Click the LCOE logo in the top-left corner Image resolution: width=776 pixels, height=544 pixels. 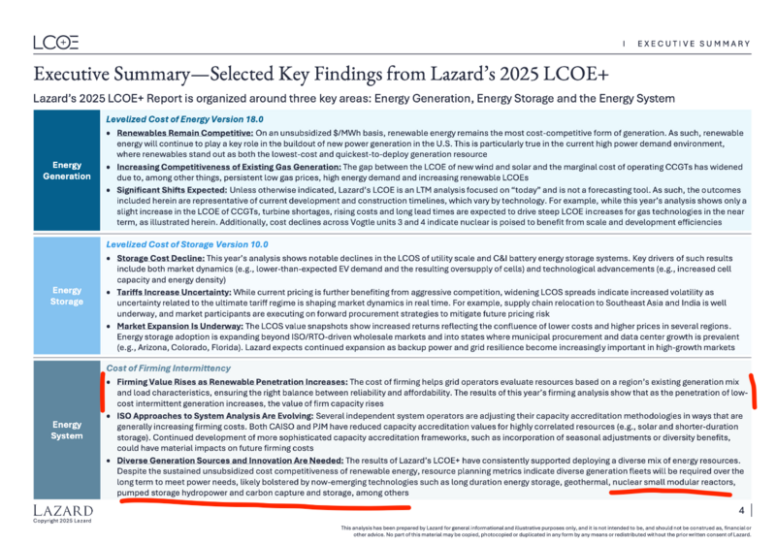pyautogui.click(x=55, y=42)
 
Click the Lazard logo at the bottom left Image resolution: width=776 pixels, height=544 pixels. pyautogui.click(x=63, y=509)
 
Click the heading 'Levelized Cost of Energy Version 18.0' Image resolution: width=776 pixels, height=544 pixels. pyautogui.click(x=173, y=117)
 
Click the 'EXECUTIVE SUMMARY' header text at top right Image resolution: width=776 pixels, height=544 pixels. pyautogui.click(x=693, y=44)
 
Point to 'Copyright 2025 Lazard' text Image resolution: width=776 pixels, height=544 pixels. pyautogui.click(x=62, y=522)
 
